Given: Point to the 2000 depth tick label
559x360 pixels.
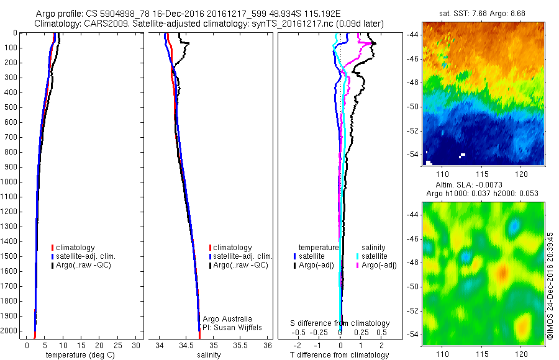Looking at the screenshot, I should [x=11, y=331].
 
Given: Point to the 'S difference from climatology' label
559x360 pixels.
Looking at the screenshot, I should [x=340, y=323].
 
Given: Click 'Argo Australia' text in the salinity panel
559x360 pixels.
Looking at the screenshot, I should [x=227, y=319].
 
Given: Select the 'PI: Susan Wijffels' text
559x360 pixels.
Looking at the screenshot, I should [x=233, y=327].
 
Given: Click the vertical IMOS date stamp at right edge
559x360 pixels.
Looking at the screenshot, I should [x=551, y=286].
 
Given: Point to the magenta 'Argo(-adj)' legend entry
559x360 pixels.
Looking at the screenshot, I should [x=378, y=265].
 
